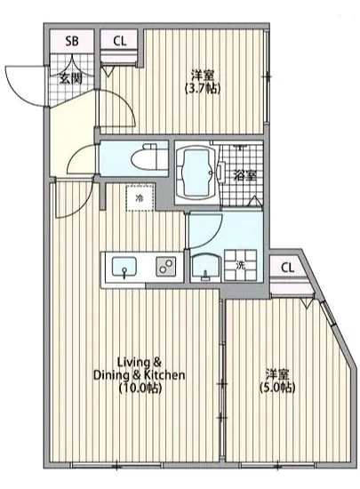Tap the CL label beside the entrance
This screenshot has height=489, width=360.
119,41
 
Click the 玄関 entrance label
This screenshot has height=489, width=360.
72,78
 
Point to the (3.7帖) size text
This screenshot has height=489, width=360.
203,89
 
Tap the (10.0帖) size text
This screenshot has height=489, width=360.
140,389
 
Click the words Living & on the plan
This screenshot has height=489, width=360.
140,362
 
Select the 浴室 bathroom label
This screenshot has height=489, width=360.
245,175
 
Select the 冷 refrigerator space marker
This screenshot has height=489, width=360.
139,199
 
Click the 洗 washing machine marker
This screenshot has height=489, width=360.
241,264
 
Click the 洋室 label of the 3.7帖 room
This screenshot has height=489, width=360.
203,75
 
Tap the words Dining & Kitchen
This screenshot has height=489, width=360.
140,375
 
